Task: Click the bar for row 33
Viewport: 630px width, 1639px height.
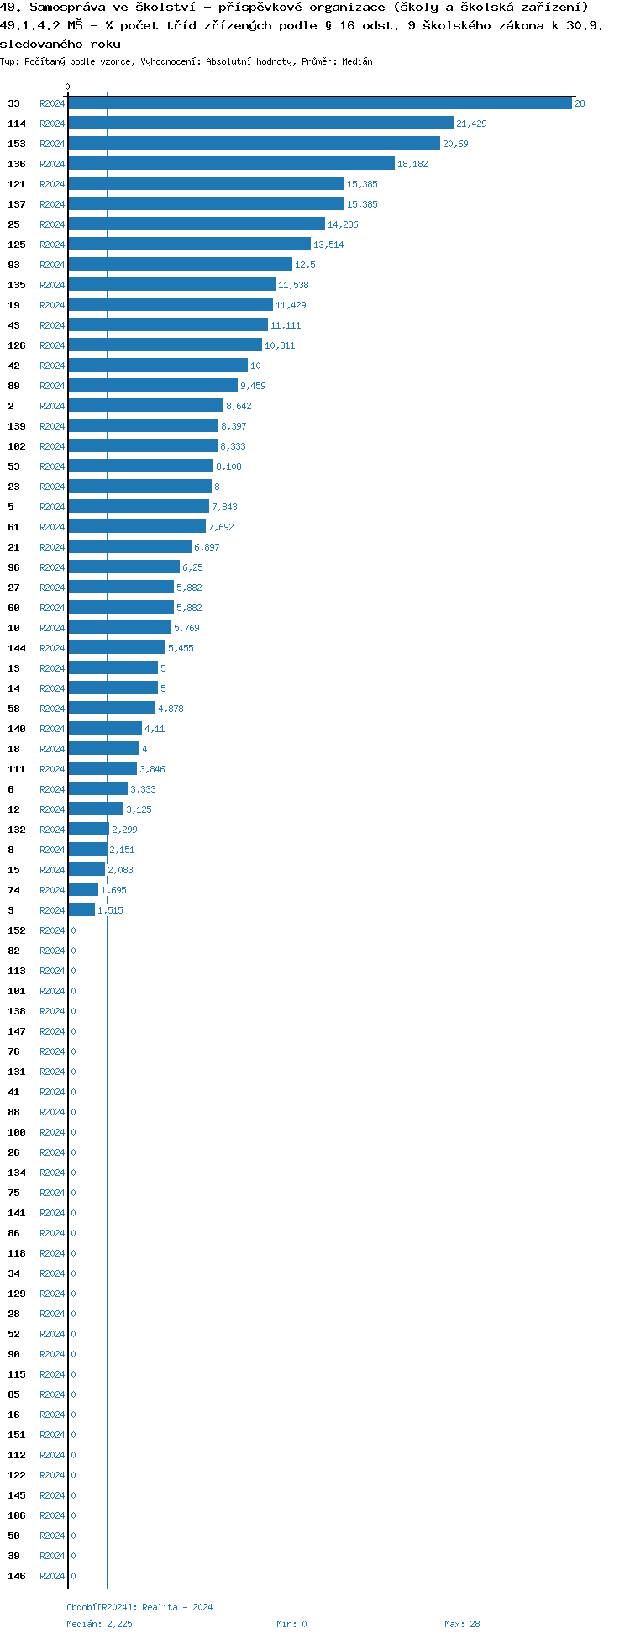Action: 319,103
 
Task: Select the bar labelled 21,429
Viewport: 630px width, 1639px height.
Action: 260,124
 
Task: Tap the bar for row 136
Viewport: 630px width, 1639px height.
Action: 231,164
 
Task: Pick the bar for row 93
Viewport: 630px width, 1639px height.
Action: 180,265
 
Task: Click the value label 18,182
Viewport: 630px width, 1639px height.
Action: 412,164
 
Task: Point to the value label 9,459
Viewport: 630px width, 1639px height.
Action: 253,386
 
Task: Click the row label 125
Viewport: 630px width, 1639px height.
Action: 17,245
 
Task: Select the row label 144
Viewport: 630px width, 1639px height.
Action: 17,648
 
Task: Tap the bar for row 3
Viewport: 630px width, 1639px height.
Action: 81,910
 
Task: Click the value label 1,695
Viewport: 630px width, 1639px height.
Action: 113,890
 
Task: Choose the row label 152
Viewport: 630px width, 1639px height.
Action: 17,930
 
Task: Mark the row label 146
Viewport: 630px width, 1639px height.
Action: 17,1576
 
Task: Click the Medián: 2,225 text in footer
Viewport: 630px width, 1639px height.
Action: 99,1624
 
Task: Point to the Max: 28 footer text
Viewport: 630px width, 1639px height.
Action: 462,1624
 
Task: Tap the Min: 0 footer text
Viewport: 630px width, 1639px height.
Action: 291,1624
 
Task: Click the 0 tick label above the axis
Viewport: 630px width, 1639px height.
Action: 68,87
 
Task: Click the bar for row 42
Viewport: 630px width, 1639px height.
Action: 158,366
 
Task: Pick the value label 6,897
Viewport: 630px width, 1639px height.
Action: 207,547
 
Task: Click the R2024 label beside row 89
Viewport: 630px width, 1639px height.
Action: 52,386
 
